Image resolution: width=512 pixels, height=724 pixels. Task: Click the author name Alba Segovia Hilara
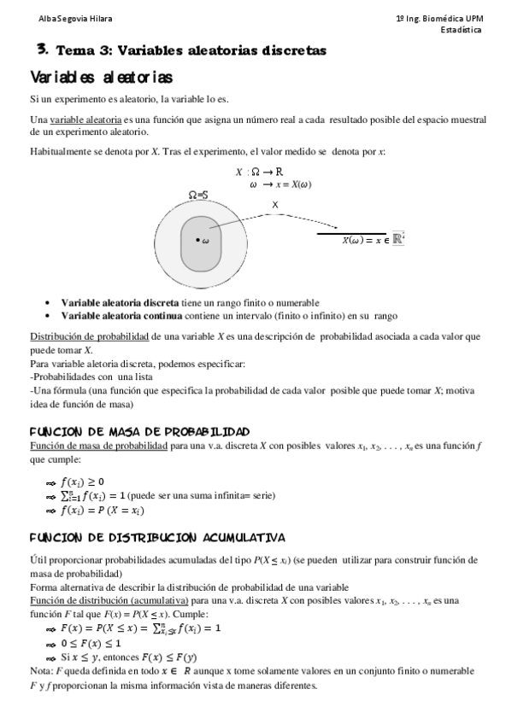(62, 19)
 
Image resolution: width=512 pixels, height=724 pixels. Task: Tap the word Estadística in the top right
(460, 30)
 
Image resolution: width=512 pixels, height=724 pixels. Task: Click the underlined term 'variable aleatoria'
(86, 120)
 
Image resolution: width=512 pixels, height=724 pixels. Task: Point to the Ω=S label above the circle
(199, 196)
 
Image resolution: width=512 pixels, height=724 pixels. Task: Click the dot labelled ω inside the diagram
(197, 240)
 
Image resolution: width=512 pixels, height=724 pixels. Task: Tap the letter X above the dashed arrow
(274, 205)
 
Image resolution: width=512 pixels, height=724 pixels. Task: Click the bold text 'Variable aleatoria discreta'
(120, 302)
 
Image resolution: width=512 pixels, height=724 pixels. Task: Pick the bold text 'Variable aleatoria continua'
(121, 314)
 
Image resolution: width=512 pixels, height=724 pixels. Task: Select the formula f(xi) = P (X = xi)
(102, 511)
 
